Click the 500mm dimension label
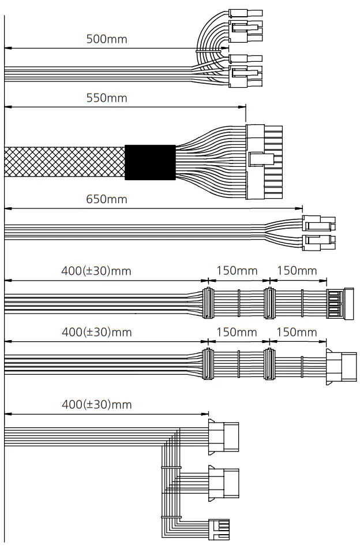pos(106,39)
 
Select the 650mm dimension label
pos(106,200)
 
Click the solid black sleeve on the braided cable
pos(150,161)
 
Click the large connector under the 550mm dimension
pos(264,162)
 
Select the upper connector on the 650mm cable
pos(318,223)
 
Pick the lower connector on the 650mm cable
pos(318,241)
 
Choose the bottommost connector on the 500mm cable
pos(245,76)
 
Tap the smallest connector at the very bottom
pos(219,528)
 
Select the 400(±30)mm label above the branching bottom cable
pos(96,404)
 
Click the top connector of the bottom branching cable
pos(223,432)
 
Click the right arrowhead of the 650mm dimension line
pos(299,208)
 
